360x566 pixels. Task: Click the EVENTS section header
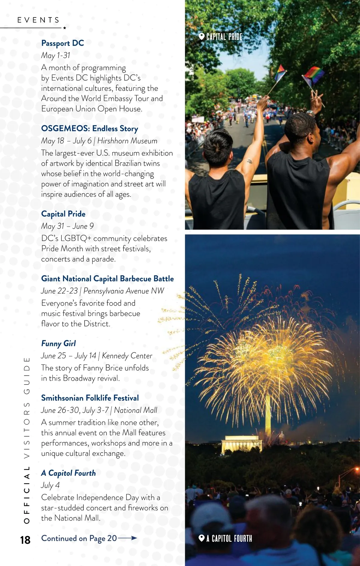point(38,20)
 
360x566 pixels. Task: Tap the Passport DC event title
point(62,43)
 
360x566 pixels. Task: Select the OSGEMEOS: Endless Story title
point(89,129)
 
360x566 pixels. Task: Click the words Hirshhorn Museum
point(127,141)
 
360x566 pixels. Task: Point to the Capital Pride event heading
point(63,214)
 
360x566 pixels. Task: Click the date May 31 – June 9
point(67,226)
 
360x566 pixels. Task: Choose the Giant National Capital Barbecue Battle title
point(107,279)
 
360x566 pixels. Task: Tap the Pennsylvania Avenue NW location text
point(124,291)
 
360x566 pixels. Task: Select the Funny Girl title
point(58,343)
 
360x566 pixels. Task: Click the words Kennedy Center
point(127,356)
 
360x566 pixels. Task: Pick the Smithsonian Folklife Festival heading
point(90,398)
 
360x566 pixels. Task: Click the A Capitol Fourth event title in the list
point(68,473)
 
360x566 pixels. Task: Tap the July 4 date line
point(50,485)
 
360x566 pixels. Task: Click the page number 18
point(25,540)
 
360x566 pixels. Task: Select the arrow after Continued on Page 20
point(127,538)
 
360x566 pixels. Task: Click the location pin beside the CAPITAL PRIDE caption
point(202,37)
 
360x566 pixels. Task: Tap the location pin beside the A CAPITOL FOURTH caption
point(202,538)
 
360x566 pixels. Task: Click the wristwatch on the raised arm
point(311,113)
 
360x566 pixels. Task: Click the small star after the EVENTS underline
point(64,28)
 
